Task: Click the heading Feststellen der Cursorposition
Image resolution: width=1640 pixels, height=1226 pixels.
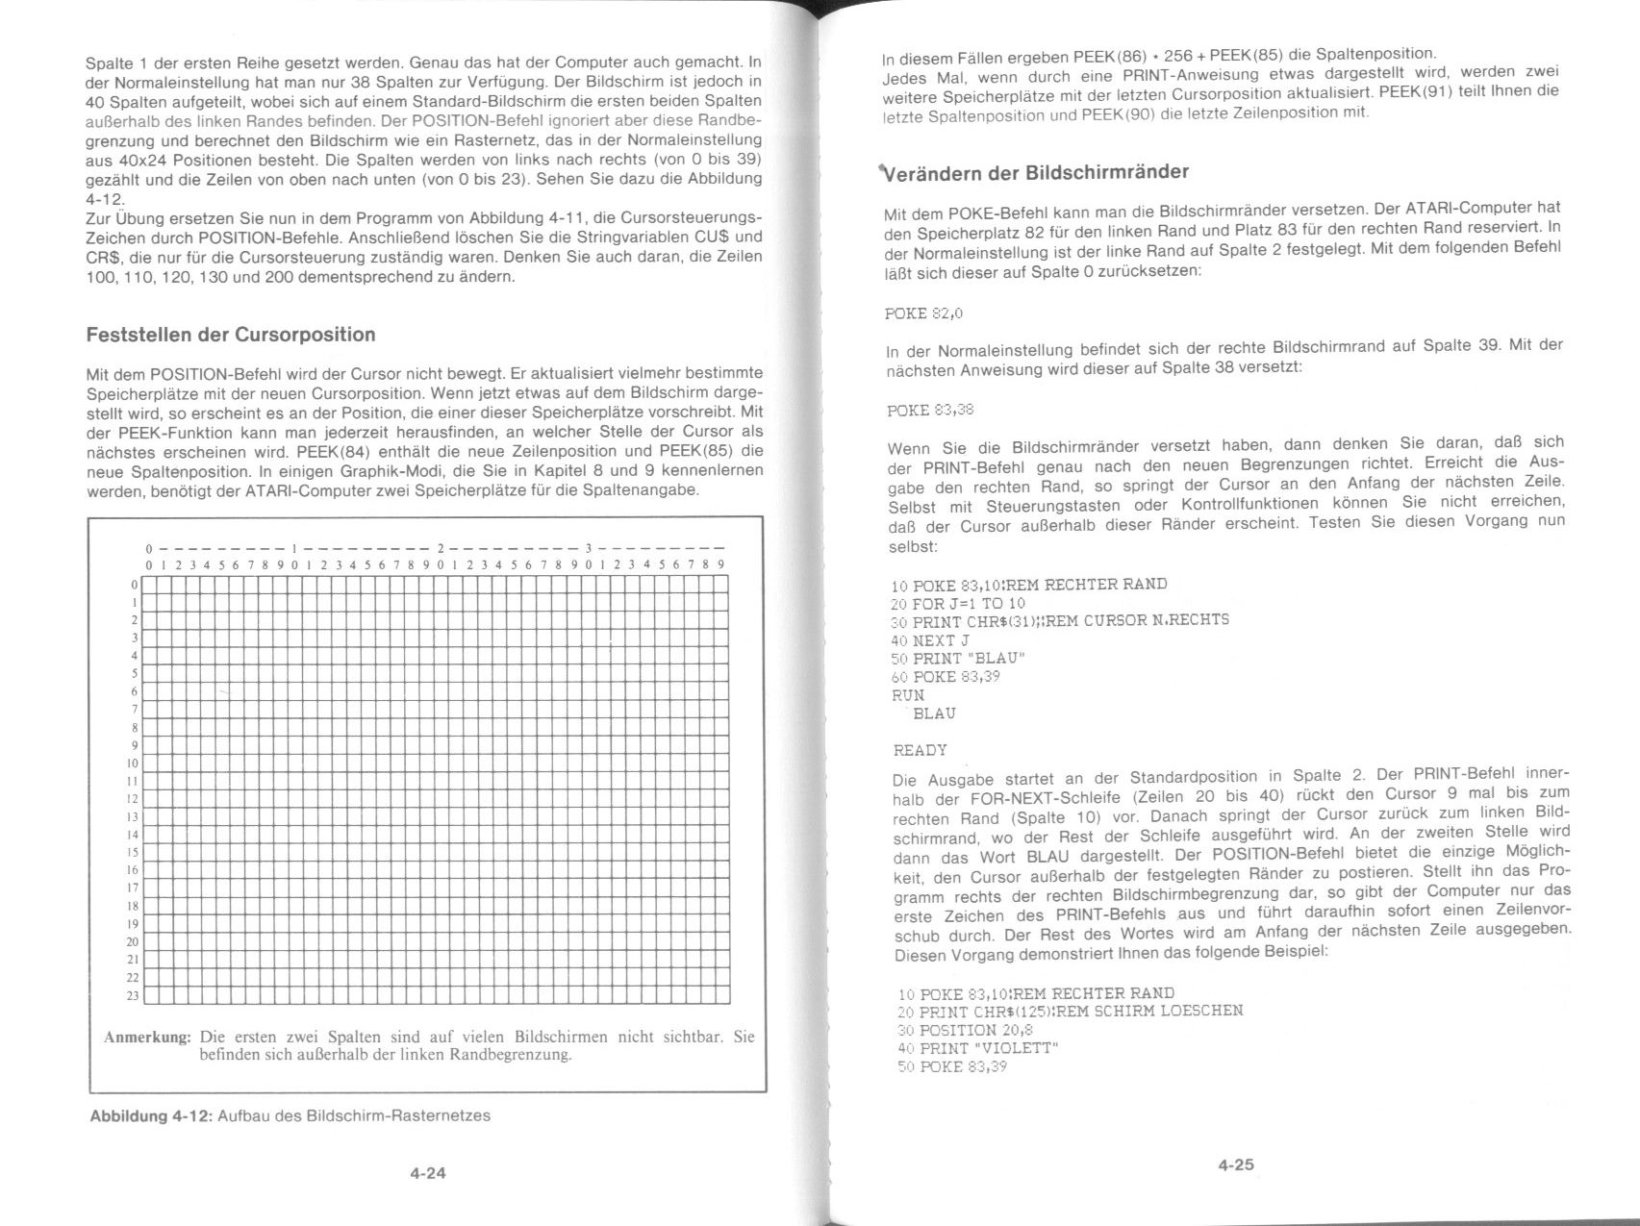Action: point(231,335)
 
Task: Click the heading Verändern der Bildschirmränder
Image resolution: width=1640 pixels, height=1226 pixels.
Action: point(1036,173)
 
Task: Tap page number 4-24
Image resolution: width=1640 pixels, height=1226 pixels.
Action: point(428,1173)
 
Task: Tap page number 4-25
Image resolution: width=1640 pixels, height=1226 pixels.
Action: point(1236,1164)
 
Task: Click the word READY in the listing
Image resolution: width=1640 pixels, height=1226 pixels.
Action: point(921,750)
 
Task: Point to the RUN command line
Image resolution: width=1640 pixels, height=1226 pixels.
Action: point(908,694)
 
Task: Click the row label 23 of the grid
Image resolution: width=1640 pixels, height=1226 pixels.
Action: point(133,995)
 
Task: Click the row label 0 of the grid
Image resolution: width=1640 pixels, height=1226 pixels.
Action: point(135,585)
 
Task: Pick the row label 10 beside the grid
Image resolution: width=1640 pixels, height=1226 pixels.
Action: point(133,763)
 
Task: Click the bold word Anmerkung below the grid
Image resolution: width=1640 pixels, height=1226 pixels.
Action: point(147,1038)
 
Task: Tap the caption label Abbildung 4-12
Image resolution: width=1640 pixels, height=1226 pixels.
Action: point(150,1116)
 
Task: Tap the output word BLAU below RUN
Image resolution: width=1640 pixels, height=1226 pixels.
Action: point(933,713)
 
